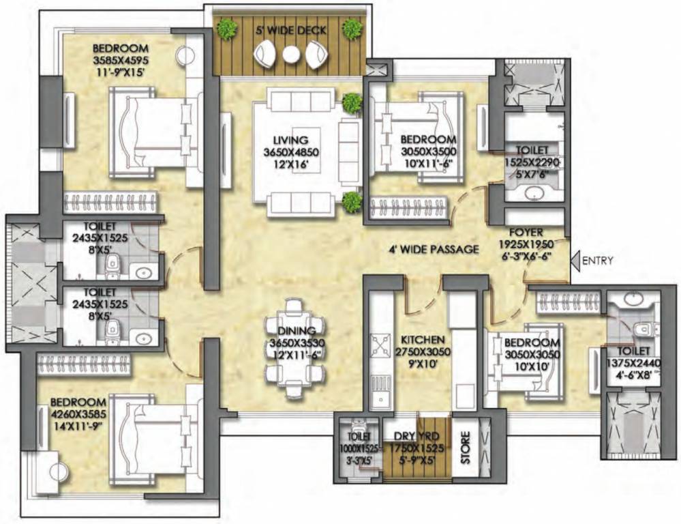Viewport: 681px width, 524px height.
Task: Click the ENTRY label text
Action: tap(599, 260)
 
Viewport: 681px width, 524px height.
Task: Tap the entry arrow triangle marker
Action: tap(576, 260)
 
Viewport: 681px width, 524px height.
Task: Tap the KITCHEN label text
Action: tap(423, 339)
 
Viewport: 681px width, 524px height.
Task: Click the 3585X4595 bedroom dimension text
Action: tap(121, 59)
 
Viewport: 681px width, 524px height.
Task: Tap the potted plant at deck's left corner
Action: tap(227, 29)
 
